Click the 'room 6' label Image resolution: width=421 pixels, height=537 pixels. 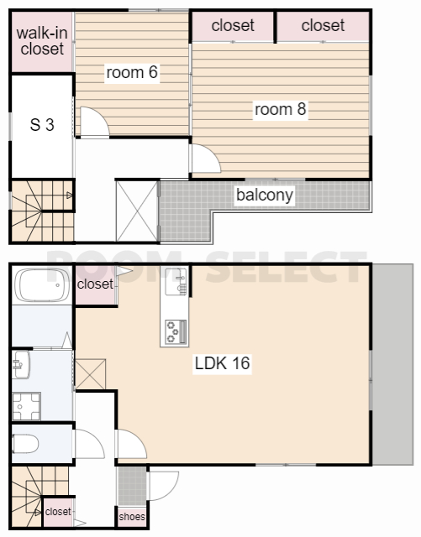[132, 72]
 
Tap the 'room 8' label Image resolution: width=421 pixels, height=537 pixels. [281, 109]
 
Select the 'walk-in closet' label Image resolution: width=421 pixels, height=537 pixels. [42, 41]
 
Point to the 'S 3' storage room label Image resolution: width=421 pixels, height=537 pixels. [42, 125]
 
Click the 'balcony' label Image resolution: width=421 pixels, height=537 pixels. [265, 196]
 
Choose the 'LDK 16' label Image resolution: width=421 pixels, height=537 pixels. [222, 363]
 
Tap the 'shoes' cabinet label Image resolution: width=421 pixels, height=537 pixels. [132, 517]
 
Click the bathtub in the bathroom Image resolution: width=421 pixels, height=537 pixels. [42, 285]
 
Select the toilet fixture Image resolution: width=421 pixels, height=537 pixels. [25, 444]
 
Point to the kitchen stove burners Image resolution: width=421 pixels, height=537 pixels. [176, 332]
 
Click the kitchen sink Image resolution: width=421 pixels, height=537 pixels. [176, 282]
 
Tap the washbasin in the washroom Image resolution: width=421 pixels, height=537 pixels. [21, 365]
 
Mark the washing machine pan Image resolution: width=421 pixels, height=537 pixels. [26, 406]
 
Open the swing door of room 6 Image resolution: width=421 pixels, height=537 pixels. [94, 123]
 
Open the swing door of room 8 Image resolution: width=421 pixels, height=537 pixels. [206, 159]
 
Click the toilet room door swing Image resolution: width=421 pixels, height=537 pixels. [89, 444]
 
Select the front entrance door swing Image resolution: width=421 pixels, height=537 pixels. [163, 486]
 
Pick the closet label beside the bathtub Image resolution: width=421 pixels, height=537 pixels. [95, 284]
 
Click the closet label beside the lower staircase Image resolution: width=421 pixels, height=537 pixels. [58, 512]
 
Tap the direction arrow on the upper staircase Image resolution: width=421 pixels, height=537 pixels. [69, 196]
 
